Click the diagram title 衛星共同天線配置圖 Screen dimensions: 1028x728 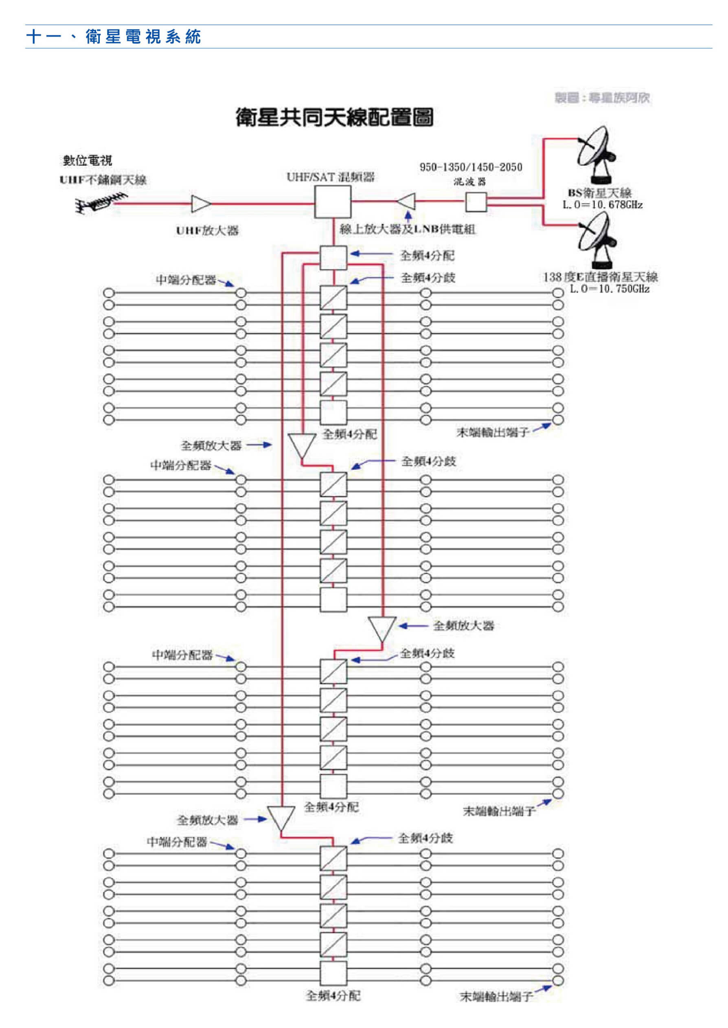pyautogui.click(x=334, y=117)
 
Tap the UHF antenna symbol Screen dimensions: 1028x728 pyautogui.click(x=101, y=204)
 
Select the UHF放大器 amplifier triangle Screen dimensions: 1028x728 pyautogui.click(x=200, y=204)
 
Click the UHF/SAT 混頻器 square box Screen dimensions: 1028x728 pyautogui.click(x=332, y=202)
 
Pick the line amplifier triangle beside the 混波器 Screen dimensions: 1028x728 pyautogui.click(x=407, y=201)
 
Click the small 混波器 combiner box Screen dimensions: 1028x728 pyautogui.click(x=476, y=202)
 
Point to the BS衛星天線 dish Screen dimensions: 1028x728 pyautogui.click(x=596, y=155)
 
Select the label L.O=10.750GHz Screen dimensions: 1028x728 pyautogui.click(x=609, y=289)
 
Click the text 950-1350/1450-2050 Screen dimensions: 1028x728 pyautogui.click(x=471, y=167)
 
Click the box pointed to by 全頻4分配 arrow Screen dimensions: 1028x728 pyautogui.click(x=333, y=257)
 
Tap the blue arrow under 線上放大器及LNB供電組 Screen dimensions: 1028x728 pyautogui.click(x=408, y=217)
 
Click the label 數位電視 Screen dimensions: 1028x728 pyautogui.click(x=88, y=160)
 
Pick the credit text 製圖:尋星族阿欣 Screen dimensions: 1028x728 pyautogui.click(x=602, y=98)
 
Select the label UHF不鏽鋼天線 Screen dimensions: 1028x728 pyautogui.click(x=103, y=180)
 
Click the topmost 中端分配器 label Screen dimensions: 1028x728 pyautogui.click(x=186, y=280)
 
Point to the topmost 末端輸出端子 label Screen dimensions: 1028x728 pyautogui.click(x=493, y=432)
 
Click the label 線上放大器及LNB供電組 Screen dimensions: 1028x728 pyautogui.click(x=407, y=230)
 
